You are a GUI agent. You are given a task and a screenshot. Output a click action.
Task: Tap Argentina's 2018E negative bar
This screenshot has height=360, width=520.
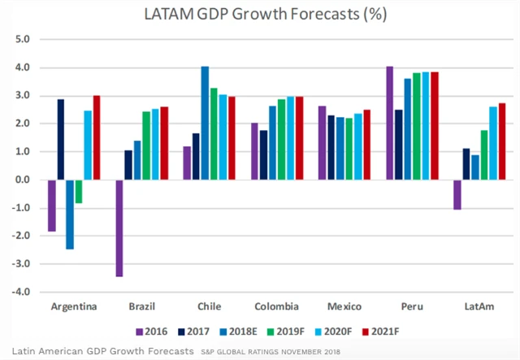70,215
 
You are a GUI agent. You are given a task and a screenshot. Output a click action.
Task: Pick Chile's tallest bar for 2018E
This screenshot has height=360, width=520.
205,123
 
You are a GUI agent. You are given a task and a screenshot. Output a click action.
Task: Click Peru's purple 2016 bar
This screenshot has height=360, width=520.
390,123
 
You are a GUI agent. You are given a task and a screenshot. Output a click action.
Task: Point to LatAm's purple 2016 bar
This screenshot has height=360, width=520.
457,194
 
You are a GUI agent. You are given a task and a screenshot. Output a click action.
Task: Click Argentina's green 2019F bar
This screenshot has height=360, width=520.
79,191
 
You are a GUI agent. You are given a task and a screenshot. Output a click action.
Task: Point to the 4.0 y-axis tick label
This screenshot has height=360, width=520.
22,67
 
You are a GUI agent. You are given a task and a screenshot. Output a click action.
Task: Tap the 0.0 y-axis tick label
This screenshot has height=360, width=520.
22,180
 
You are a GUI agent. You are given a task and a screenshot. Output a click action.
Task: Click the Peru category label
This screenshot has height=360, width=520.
414,307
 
